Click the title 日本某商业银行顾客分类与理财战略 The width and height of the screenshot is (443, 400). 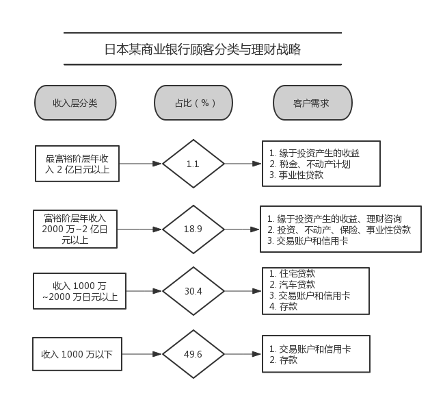[202, 49]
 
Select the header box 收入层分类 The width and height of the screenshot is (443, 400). [75, 103]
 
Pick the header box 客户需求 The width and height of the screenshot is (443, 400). [312, 103]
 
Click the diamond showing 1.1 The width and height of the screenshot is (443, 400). [193, 164]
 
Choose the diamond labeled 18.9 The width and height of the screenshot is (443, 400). [193, 229]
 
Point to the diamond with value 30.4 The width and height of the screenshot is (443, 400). [193, 291]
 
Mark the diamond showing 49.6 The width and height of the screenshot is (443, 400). [193, 354]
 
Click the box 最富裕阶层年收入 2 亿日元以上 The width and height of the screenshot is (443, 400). [77, 164]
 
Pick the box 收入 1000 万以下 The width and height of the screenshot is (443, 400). [77, 354]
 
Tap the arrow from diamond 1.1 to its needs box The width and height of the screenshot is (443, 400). [243, 164]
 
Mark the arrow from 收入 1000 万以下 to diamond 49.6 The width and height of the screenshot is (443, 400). [142, 354]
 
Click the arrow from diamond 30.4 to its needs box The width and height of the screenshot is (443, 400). [243, 291]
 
